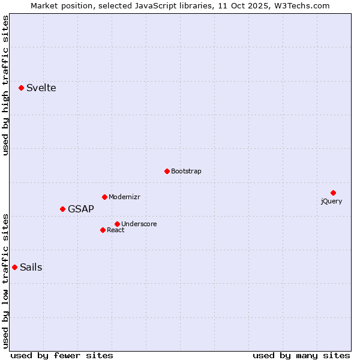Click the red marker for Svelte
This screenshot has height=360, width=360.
(21, 88)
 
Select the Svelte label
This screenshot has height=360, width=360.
(41, 88)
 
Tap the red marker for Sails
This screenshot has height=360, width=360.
(14, 267)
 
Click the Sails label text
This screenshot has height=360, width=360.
(31, 268)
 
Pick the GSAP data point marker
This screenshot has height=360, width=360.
(62, 209)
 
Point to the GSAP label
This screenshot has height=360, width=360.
(80, 209)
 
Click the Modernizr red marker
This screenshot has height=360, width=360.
(104, 197)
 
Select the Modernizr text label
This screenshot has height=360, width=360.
(124, 197)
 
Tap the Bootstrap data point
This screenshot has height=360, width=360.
(167, 171)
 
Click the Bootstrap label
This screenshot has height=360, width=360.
(186, 172)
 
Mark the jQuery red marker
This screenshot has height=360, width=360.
(333, 193)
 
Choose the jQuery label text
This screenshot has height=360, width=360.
(331, 202)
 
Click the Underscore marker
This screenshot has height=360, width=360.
(117, 224)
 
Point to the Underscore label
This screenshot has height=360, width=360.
(139, 224)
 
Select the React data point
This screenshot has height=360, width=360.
(103, 230)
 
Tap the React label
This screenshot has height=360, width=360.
(115, 230)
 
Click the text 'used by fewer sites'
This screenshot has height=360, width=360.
(62, 356)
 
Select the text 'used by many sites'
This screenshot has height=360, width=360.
(301, 356)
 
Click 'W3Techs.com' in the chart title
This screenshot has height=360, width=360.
(302, 6)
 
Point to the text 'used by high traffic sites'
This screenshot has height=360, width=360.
(6, 86)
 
